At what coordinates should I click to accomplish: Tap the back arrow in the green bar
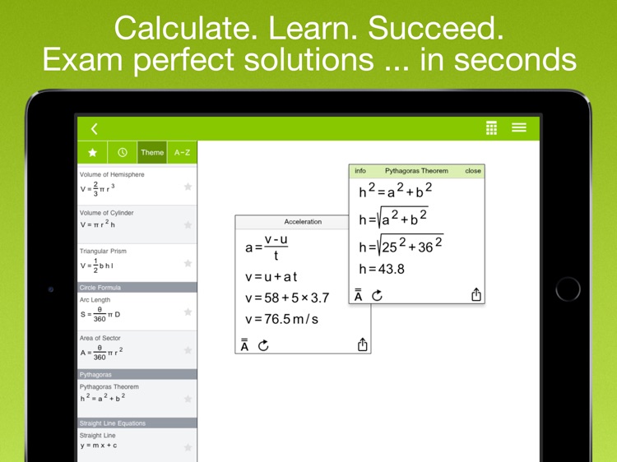point(95,128)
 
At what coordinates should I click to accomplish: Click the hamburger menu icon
point(519,127)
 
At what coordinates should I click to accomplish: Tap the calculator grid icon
point(491,127)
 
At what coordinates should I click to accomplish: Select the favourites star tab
point(92,152)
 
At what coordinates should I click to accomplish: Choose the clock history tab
point(123,152)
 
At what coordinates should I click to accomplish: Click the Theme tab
point(152,152)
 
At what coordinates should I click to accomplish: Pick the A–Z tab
point(182,152)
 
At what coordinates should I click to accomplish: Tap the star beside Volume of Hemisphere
point(188,187)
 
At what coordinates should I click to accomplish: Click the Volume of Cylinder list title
point(106,213)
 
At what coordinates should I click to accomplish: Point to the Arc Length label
point(95,300)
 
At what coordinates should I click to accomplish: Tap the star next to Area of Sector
point(188,350)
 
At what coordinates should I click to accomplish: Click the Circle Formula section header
point(100,288)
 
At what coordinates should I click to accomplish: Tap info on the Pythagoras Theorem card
point(360,171)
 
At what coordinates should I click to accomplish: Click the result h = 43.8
point(383,269)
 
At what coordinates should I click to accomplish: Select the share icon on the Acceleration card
point(362,345)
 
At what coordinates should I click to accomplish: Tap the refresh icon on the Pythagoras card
point(378,295)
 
